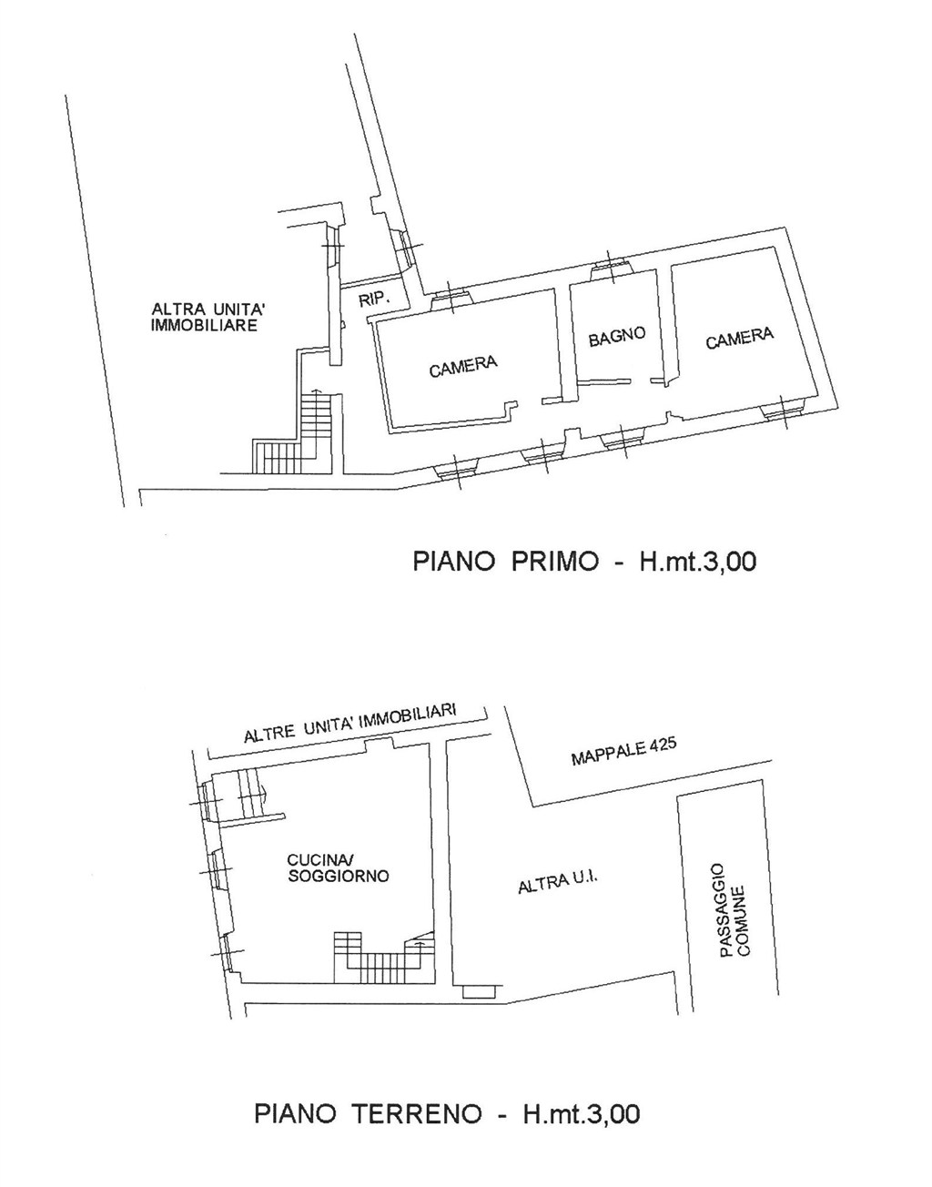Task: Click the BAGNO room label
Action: [x=617, y=336]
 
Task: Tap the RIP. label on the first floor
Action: [x=373, y=299]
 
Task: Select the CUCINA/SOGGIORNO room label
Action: [x=338, y=868]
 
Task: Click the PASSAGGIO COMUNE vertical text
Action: [x=734, y=910]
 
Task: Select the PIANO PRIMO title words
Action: [x=505, y=561]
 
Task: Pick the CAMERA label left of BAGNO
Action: [x=463, y=367]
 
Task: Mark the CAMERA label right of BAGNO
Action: [x=740, y=338]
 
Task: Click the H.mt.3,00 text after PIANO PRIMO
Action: [x=697, y=561]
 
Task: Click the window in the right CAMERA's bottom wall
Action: [x=785, y=411]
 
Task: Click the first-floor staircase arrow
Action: [x=315, y=391]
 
